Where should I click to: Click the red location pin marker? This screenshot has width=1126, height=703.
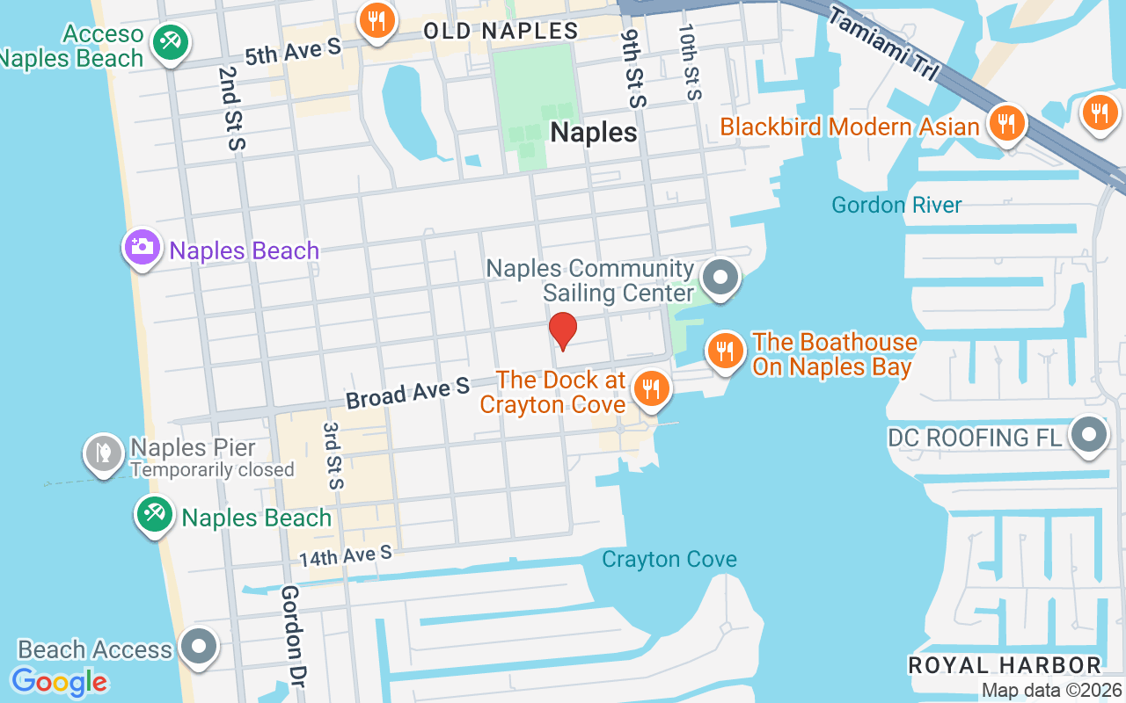[x=563, y=331]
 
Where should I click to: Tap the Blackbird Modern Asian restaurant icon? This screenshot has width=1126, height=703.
[x=1004, y=123]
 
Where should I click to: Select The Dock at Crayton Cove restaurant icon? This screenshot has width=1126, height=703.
[x=651, y=388]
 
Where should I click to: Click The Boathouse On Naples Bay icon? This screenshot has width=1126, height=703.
[x=724, y=351]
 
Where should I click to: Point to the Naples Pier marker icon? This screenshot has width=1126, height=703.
[x=104, y=453]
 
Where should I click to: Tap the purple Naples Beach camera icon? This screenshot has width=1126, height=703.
[x=141, y=247]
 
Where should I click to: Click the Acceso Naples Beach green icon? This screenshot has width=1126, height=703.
[x=166, y=41]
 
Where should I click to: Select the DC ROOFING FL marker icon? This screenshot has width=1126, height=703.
[x=1089, y=434]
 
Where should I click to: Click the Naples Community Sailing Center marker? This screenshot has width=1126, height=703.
[x=721, y=278]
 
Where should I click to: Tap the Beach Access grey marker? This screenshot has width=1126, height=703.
[x=199, y=647]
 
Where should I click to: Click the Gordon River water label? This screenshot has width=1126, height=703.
[x=896, y=206]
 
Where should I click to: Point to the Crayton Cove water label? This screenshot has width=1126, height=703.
[x=669, y=560]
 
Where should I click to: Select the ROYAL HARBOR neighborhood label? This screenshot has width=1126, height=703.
[x=1004, y=665]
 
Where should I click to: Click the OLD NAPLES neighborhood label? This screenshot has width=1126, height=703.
[x=501, y=31]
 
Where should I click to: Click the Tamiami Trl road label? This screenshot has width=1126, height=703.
[x=882, y=45]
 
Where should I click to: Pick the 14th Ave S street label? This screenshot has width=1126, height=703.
[x=345, y=556]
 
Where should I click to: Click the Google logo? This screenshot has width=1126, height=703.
[x=60, y=681]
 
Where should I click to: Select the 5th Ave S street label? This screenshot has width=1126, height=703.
[x=292, y=51]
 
